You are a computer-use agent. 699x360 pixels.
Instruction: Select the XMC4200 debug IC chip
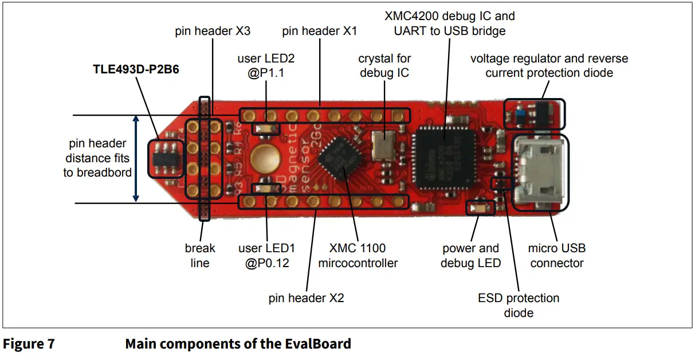coord(445,155)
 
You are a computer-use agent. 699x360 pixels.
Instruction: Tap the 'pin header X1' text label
coord(320,31)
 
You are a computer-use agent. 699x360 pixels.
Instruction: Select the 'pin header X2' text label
coord(307,298)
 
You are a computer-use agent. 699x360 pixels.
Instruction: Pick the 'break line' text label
coord(200,256)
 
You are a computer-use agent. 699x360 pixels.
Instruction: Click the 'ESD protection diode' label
coord(519,306)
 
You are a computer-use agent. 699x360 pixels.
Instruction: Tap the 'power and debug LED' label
coord(471,256)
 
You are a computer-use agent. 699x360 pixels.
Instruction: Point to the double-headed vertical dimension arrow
coord(136,158)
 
